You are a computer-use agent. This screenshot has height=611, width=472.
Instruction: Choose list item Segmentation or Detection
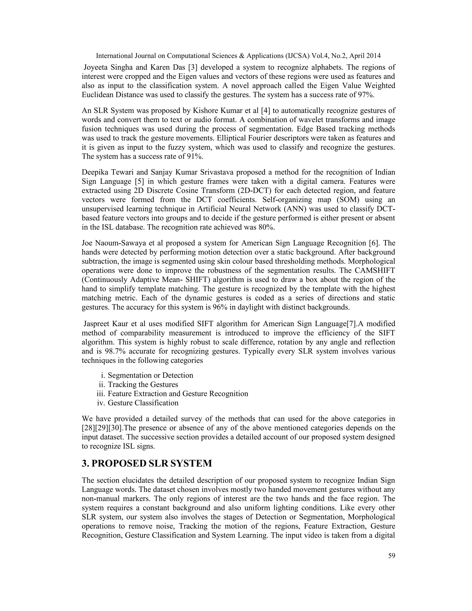(150, 375)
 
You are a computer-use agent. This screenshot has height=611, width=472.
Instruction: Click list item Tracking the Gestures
(143, 384)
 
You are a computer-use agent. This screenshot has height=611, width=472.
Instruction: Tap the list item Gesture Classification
(143, 403)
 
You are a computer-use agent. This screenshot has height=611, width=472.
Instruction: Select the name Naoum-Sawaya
(123, 243)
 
